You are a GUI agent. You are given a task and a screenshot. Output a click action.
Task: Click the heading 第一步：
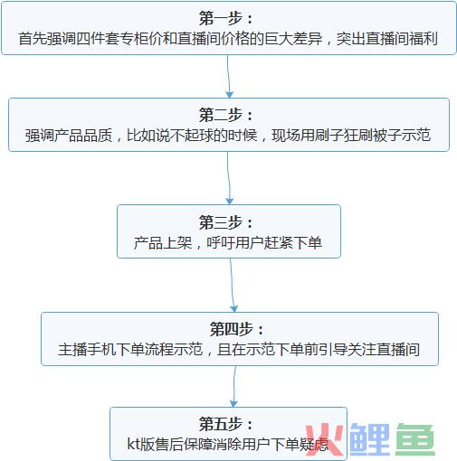[x=225, y=18]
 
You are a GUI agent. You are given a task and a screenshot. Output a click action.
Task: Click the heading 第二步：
[x=225, y=115]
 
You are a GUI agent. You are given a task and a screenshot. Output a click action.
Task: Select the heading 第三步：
[x=225, y=222]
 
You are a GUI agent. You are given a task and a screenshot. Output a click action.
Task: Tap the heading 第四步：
[x=237, y=329]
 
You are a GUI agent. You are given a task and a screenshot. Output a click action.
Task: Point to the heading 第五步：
[x=225, y=424]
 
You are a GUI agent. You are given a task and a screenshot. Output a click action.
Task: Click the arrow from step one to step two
[x=229, y=77]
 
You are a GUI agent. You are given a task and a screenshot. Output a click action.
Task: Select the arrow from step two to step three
[x=229, y=178]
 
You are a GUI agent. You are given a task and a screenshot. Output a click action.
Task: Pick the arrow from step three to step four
[x=233, y=285]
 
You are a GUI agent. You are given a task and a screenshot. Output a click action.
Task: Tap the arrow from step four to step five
[x=234, y=386]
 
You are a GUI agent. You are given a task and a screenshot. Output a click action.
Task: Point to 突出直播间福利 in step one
[x=387, y=39]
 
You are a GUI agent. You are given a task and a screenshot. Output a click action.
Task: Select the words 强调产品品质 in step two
[x=69, y=136]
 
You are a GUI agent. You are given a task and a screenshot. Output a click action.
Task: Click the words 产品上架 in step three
[x=163, y=243]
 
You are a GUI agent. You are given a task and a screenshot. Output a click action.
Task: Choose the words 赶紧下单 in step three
[x=293, y=243]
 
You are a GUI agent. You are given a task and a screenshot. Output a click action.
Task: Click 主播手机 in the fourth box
[x=87, y=349]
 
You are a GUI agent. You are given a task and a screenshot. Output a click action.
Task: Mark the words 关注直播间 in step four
[x=384, y=349]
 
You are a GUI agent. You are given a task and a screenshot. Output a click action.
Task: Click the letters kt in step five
[x=134, y=444]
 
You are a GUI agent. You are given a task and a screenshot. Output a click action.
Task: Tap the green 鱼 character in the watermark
[x=415, y=439]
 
